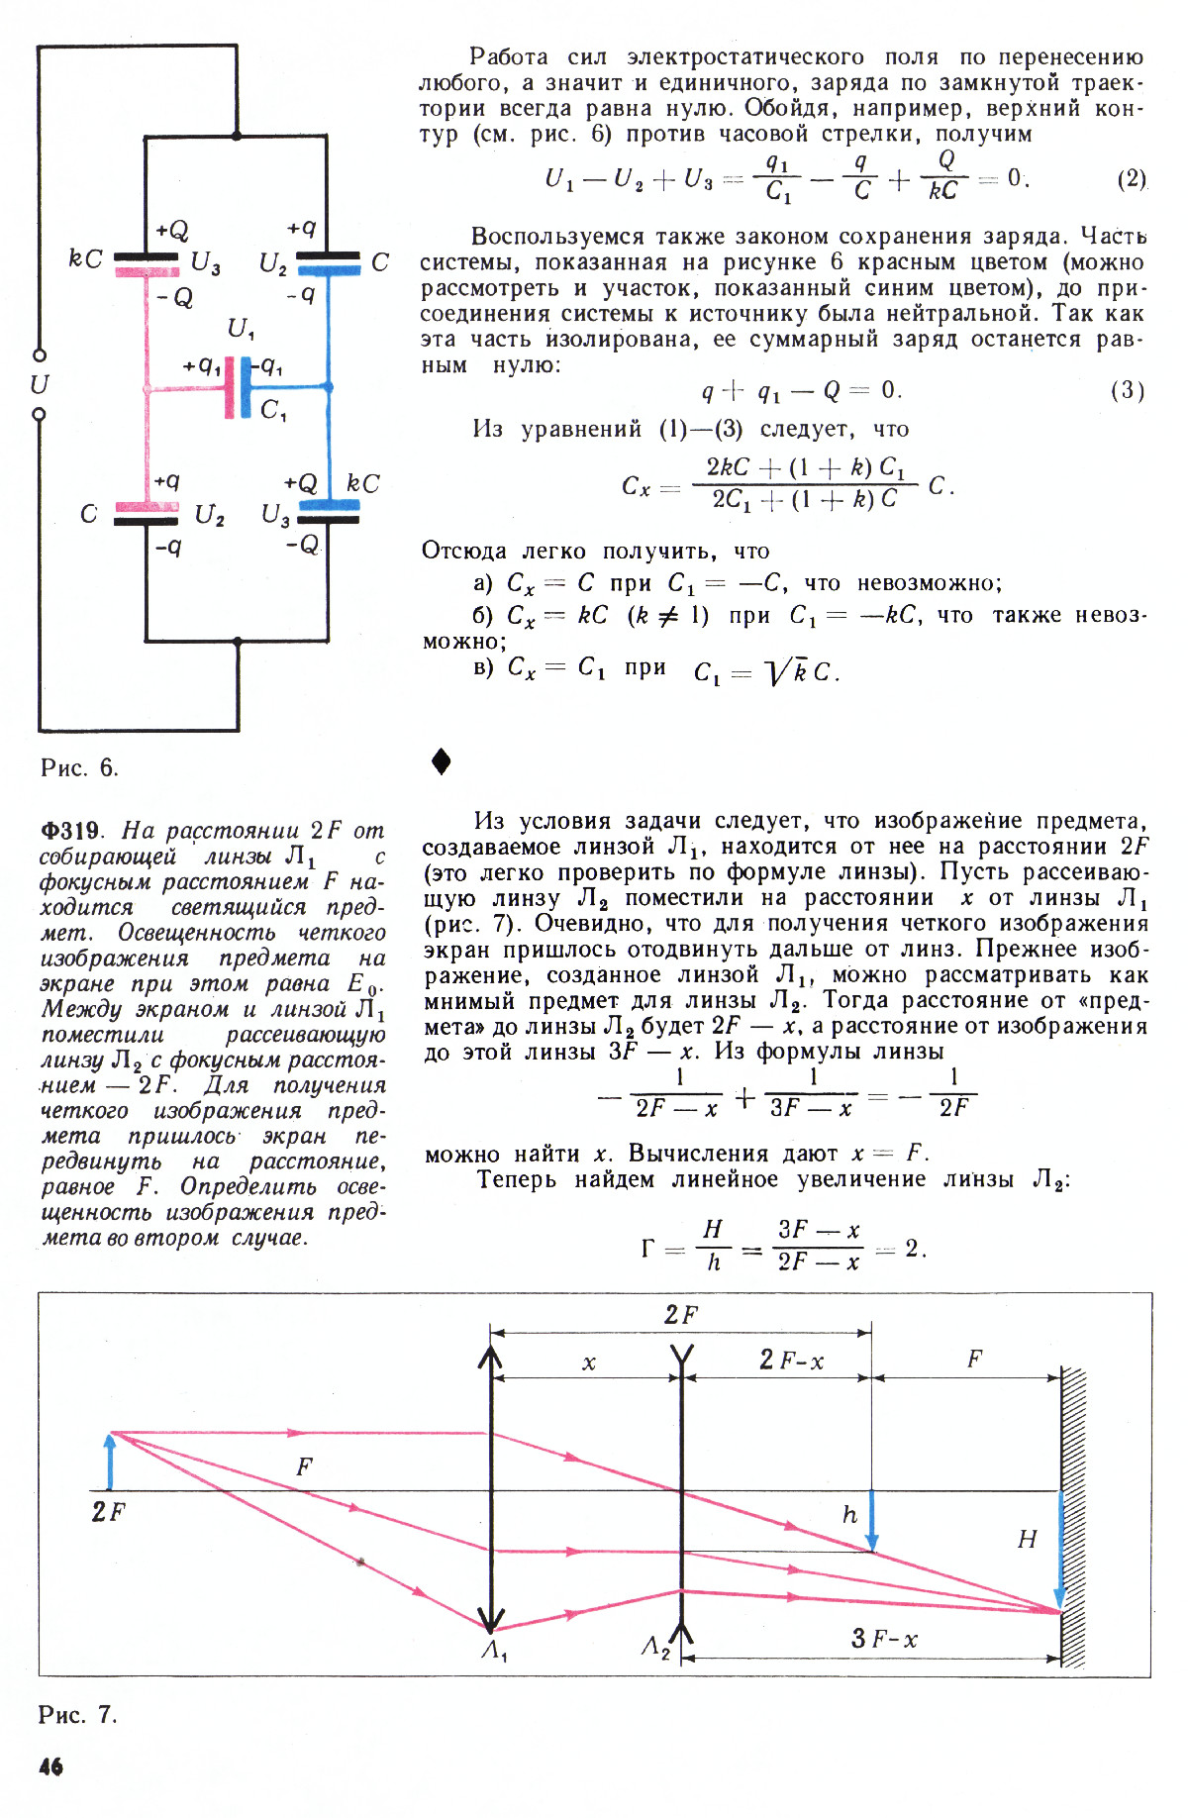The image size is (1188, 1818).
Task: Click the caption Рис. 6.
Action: pyautogui.click(x=79, y=767)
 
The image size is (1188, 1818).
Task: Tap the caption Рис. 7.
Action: pyautogui.click(x=78, y=1714)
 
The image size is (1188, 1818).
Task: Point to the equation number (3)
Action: pyautogui.click(x=1128, y=390)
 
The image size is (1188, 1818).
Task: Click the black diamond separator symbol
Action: pyautogui.click(x=442, y=760)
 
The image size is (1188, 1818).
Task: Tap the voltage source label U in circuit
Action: pyautogui.click(x=40, y=383)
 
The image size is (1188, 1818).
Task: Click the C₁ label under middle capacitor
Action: pyautogui.click(x=273, y=410)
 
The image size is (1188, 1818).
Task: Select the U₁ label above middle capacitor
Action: pyautogui.click(x=241, y=328)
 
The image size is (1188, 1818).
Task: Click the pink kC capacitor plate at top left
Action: pyautogui.click(x=147, y=271)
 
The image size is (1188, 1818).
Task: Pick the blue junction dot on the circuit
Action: pyautogui.click(x=329, y=387)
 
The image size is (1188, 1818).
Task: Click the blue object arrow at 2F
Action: pyautogui.click(x=110, y=1461)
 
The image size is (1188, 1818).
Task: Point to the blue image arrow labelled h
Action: pyautogui.click(x=871, y=1520)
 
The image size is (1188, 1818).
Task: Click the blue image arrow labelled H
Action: pyautogui.click(x=1059, y=1550)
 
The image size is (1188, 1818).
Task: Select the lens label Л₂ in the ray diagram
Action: pyautogui.click(x=655, y=1647)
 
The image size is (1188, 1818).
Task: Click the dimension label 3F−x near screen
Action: pyautogui.click(x=884, y=1639)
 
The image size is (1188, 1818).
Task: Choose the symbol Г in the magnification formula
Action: pyautogui.click(x=647, y=1248)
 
